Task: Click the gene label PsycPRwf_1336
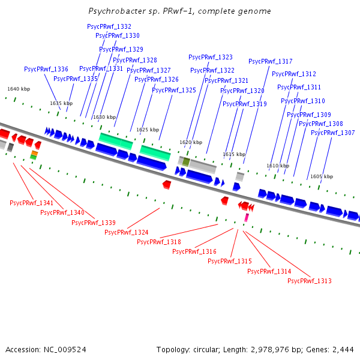pyautogui.click(x=46, y=70)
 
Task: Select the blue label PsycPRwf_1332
pyautogui.click(x=109, y=27)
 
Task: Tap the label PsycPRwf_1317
pyautogui.click(x=271, y=62)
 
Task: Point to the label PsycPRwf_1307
pyautogui.click(x=333, y=133)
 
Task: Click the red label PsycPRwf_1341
pyautogui.click(x=32, y=203)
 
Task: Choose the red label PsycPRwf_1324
pyautogui.click(x=127, y=233)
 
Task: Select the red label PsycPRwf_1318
pyautogui.click(x=159, y=242)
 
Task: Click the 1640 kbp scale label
pyautogui.click(x=19, y=89)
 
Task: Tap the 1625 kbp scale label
pyautogui.click(x=148, y=130)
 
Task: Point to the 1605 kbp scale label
pyautogui.click(x=321, y=177)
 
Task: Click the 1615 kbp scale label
pyautogui.click(x=234, y=155)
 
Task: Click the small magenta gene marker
pyautogui.click(x=246, y=218)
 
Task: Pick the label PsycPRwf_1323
pyautogui.click(x=211, y=58)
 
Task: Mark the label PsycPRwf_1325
pyautogui.click(x=174, y=91)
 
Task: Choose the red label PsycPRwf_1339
pyautogui.click(x=94, y=223)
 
